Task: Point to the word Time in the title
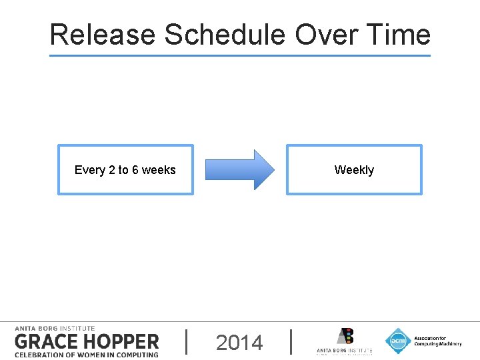point(396,35)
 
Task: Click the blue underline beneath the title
point(240,55)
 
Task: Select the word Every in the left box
point(89,170)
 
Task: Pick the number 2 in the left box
point(111,170)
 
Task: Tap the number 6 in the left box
point(135,170)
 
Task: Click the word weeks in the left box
point(159,170)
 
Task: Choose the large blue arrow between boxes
point(239,169)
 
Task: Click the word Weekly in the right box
point(354,170)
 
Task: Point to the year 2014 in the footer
point(239,343)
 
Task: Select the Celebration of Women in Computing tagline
point(87,354)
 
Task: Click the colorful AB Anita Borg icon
point(345,336)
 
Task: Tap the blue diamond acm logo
point(398,341)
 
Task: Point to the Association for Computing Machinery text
point(437,341)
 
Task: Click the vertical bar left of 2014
point(186,341)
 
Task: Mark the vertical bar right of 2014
point(291,341)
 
